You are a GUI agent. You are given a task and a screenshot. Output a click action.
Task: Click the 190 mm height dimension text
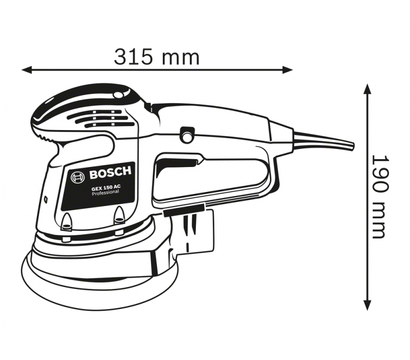380,196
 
